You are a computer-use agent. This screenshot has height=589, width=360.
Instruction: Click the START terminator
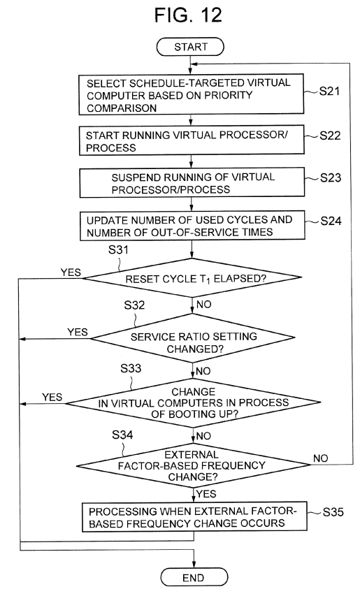click(x=190, y=47)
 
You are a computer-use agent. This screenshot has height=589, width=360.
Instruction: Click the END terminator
click(x=194, y=577)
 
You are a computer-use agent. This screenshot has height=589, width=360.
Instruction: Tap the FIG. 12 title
click(x=188, y=15)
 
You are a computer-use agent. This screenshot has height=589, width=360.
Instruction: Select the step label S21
click(x=329, y=91)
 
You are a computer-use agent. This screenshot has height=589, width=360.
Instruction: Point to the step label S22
click(x=330, y=136)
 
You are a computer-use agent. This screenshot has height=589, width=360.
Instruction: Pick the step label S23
click(x=331, y=177)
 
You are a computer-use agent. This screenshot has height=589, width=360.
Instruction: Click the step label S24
click(x=331, y=221)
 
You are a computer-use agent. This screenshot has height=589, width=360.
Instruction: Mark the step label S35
click(x=333, y=512)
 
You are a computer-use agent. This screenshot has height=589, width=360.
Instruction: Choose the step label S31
click(x=118, y=250)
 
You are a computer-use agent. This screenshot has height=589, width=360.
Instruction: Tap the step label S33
click(x=131, y=368)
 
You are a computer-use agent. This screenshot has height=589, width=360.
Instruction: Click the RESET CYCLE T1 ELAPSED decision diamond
click(x=192, y=277)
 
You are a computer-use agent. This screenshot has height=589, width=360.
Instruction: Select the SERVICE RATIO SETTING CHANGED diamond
click(x=193, y=338)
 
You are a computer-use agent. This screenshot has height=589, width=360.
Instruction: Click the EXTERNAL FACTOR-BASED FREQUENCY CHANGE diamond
click(x=194, y=465)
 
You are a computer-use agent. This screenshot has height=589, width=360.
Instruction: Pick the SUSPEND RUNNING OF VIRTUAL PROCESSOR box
click(x=192, y=182)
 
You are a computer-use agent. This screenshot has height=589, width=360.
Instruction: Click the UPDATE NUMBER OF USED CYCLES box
click(x=192, y=226)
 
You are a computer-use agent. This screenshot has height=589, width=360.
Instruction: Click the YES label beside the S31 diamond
click(x=71, y=272)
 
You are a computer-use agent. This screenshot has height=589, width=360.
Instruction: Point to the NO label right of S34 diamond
click(x=321, y=458)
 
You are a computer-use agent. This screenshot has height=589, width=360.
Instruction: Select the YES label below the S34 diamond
click(x=206, y=494)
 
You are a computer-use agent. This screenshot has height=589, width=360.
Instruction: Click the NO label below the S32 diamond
click(x=203, y=371)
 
